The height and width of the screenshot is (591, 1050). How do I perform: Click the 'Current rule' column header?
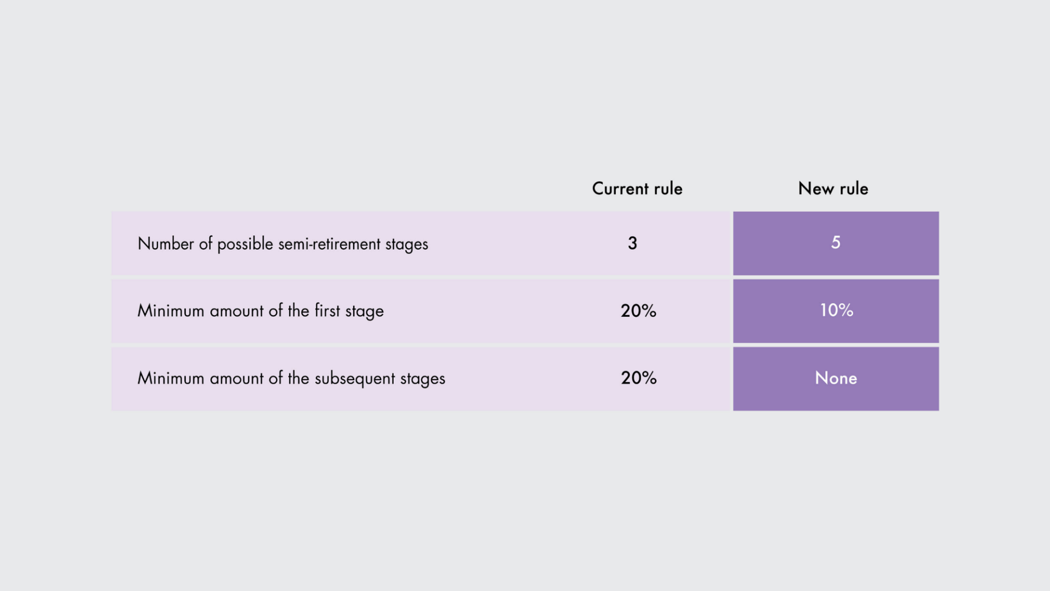pos(637,189)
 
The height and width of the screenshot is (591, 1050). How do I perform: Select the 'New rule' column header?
pos(833,189)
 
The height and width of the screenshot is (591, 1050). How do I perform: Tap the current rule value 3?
pos(632,243)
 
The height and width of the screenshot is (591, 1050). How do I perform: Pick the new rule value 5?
pos(836,242)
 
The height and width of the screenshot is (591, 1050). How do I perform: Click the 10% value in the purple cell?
pos(836,310)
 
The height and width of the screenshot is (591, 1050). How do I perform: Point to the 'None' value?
pos(836,378)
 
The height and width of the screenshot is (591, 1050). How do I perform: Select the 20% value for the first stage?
pos(638,311)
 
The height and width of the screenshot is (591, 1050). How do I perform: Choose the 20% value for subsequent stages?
pos(638,378)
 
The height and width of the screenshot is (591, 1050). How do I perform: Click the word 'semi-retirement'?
pos(329,244)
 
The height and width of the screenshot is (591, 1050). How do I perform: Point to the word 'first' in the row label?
pos(327,310)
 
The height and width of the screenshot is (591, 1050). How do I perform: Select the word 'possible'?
pos(245,245)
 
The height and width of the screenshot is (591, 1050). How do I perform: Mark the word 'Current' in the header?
pos(620,189)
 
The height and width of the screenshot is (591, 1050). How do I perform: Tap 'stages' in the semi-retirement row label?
pos(407,245)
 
